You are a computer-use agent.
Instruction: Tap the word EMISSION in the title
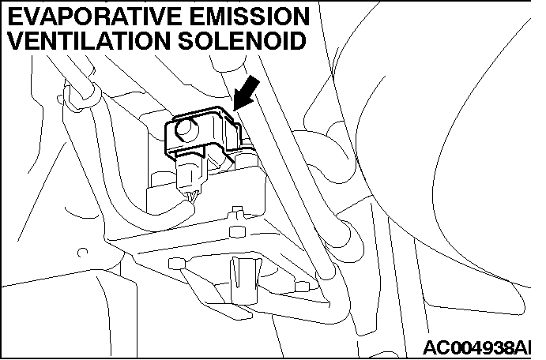(x=250, y=17)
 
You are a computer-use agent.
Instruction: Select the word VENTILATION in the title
(x=88, y=41)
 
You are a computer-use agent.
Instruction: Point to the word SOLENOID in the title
(x=242, y=41)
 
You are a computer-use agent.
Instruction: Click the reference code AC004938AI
(x=477, y=347)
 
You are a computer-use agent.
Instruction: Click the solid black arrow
(x=247, y=94)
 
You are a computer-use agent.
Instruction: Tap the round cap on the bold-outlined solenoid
(x=187, y=129)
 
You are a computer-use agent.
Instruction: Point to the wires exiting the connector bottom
(x=194, y=197)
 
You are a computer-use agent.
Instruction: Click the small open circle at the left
(x=82, y=252)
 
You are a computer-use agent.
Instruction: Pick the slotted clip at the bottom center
(x=245, y=281)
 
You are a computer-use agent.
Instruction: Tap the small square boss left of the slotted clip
(x=176, y=264)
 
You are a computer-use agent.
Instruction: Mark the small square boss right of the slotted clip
(x=302, y=287)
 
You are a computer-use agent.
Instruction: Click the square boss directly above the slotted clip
(x=238, y=232)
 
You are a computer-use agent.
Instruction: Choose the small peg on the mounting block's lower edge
(x=238, y=211)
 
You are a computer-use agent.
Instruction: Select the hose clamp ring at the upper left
(x=81, y=95)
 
